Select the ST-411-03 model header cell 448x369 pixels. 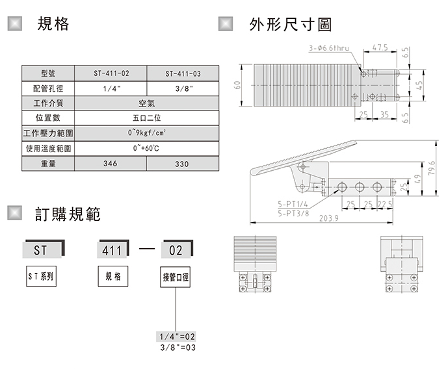(182, 73)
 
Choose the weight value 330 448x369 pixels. (182, 164)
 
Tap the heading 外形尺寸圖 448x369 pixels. (291, 25)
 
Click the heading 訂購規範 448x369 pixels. (68, 214)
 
